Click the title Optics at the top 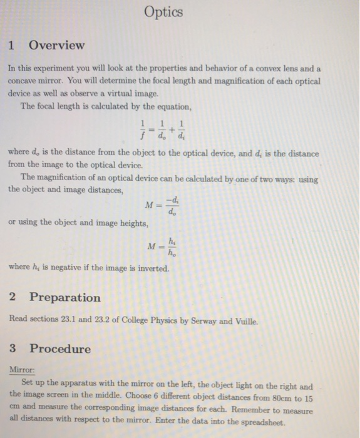tap(163, 12)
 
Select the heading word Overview tap(56, 45)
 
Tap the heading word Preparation tap(64, 297)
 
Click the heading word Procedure tap(60, 349)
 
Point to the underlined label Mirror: tap(22, 370)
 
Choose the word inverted tap(148, 268)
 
